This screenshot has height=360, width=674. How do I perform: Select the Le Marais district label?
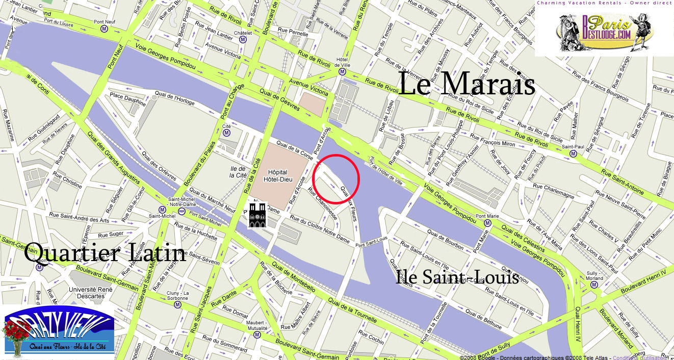coord(466,84)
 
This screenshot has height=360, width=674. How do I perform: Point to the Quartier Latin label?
coord(105,253)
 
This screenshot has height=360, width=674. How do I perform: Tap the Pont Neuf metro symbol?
coord(105,29)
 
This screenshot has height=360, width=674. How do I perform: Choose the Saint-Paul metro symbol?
coord(574,153)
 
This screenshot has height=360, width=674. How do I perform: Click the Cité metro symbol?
coord(226,133)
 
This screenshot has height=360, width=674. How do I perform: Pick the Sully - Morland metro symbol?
coord(594,285)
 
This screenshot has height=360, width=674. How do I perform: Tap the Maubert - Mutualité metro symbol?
coord(257,335)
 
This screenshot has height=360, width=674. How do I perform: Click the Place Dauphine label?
coord(128,98)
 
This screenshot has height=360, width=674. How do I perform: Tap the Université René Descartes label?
coord(90,293)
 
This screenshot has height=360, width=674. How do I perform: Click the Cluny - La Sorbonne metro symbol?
coord(177,304)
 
